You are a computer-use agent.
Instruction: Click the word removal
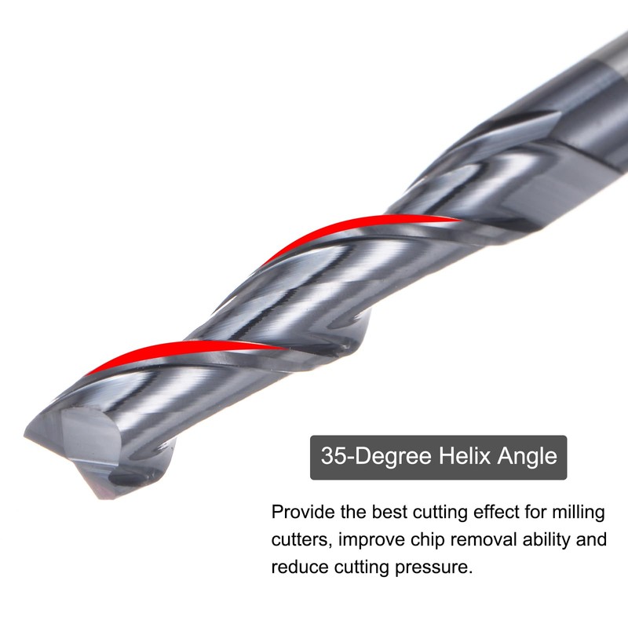click(477, 540)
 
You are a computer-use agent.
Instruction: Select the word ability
click(542, 540)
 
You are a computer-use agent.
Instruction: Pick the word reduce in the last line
click(298, 567)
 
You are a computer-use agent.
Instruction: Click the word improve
click(369, 540)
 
